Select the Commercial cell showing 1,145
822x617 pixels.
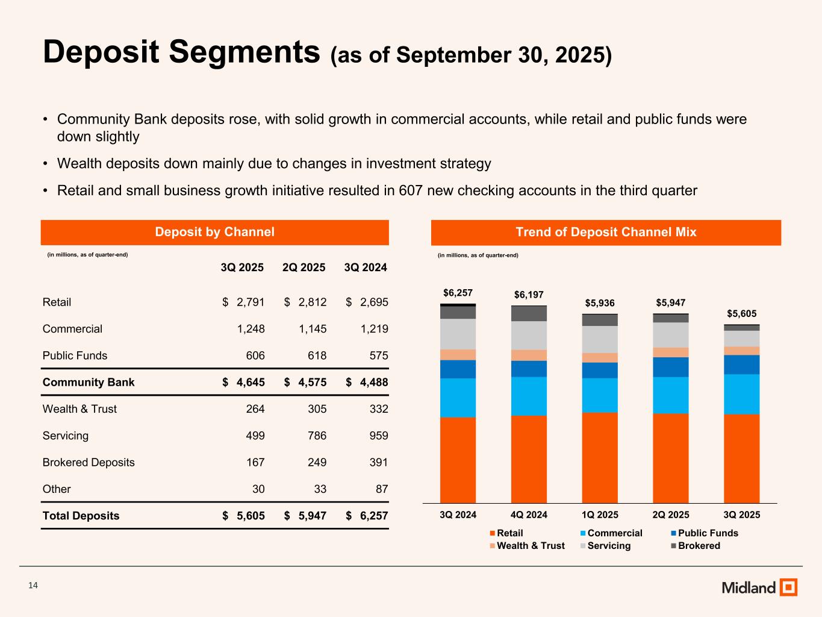[313, 329]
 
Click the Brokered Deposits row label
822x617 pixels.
[89, 462]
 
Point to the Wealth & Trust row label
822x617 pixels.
[79, 409]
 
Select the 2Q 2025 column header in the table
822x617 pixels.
[304, 267]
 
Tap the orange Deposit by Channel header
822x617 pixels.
[214, 232]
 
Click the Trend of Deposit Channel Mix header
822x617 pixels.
[606, 232]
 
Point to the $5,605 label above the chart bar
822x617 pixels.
[741, 313]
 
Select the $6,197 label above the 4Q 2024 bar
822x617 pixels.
[529, 295]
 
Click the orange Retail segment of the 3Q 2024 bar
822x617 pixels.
[458, 459]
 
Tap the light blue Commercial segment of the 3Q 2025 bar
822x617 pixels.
[741, 394]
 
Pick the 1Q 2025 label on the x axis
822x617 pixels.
[600, 515]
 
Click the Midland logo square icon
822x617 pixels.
[788, 587]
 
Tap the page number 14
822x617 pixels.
[33, 586]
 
